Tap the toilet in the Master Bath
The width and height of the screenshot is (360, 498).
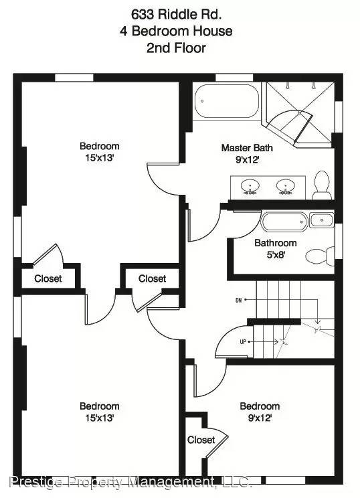323,184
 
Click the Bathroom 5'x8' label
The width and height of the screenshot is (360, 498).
275,248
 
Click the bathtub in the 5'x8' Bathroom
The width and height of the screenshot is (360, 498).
284,222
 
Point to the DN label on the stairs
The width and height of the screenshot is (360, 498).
238,300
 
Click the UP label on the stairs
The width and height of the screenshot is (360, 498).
242,342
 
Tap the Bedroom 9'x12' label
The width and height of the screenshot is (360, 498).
260,412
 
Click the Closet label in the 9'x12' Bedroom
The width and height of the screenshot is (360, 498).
201,440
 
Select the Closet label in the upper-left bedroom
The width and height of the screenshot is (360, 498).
48,278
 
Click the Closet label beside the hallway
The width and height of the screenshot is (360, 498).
152,278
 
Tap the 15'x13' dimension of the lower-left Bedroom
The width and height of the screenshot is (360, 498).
100,418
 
